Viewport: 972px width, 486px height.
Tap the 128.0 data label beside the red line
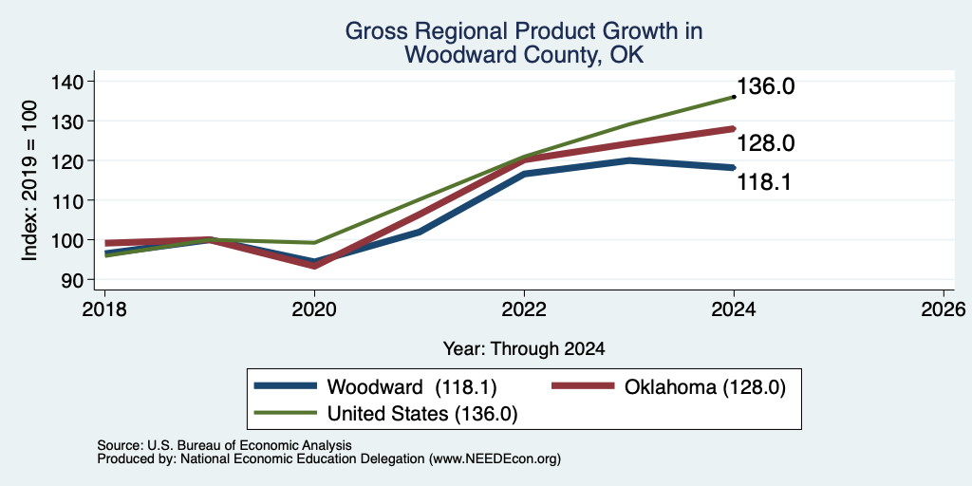[x=766, y=144]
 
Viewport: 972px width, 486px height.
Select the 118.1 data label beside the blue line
[x=764, y=182]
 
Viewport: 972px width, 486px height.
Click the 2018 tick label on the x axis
[x=104, y=308]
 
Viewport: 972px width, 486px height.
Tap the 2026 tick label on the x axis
[x=944, y=308]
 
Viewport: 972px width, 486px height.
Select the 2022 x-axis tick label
[x=524, y=308]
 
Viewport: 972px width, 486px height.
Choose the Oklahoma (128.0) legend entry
[x=669, y=387]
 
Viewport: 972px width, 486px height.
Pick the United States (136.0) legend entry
[x=386, y=414]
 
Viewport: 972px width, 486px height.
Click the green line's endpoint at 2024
[x=734, y=97]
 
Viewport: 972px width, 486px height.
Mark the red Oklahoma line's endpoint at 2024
[x=734, y=129]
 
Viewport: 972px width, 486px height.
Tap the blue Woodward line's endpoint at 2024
[x=734, y=167]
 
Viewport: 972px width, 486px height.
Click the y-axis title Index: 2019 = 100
[x=29, y=180]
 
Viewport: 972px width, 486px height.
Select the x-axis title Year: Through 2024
[x=524, y=349]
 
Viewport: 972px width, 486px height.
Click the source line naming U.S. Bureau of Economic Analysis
[x=224, y=445]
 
